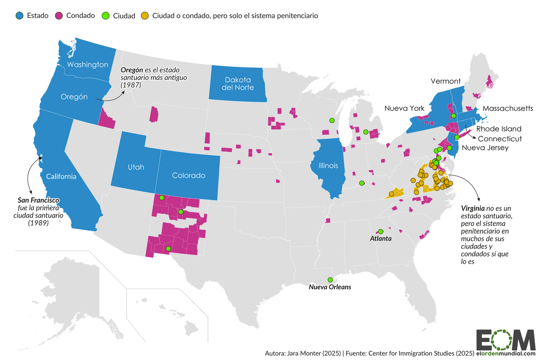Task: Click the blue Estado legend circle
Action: coord(19,15)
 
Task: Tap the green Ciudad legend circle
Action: coord(105,15)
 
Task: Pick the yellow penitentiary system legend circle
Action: coord(145,15)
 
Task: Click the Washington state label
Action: coord(88,65)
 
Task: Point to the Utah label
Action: coord(136,167)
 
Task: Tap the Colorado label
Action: coord(189,175)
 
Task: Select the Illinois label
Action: coord(328,165)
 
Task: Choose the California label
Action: coord(61,176)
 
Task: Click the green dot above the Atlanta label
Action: coord(380,231)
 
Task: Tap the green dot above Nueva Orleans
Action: coord(330,280)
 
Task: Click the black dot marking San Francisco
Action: coord(40,158)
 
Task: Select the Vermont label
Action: coord(446,81)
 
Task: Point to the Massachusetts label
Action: coord(507,108)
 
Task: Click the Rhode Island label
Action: coord(499,128)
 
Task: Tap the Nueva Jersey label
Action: coord(485,147)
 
